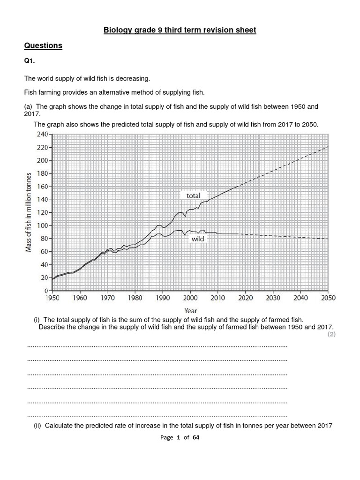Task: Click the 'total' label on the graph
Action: coord(193,195)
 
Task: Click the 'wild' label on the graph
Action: coord(198,239)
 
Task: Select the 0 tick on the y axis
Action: coord(47,291)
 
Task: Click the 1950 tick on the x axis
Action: coord(52,298)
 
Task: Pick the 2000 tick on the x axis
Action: coord(190,298)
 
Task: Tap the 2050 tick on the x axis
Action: coord(328,298)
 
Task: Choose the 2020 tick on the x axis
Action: coord(245,298)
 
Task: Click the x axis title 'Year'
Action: coord(190,310)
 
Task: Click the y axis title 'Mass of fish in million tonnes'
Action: coord(29,212)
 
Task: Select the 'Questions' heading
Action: coord(43,45)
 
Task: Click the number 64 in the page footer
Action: coord(196,437)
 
